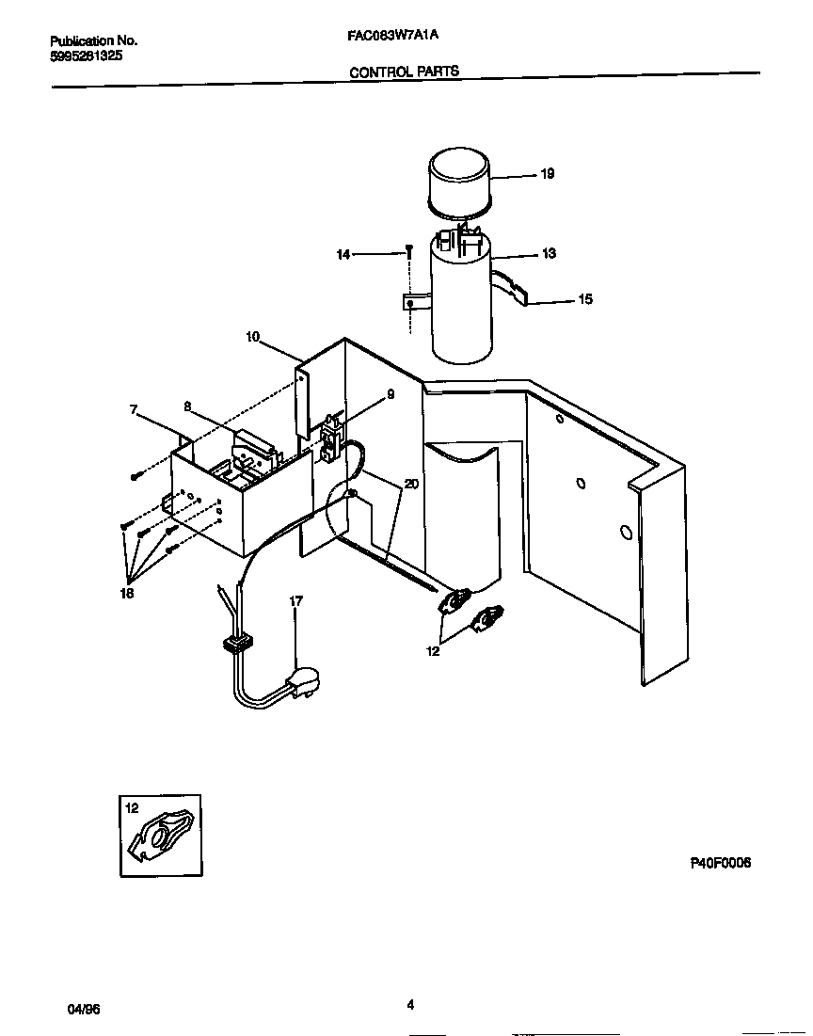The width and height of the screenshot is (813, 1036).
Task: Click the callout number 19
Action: coord(548,174)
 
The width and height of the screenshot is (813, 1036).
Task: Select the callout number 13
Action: coord(549,254)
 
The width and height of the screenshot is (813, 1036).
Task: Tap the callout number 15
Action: coord(585,300)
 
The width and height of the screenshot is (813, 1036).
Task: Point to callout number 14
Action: coord(343,254)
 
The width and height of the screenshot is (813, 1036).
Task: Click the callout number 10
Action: coord(252,336)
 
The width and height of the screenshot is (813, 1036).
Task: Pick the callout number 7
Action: coord(134,409)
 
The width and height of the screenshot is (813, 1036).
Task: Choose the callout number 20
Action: coord(411,484)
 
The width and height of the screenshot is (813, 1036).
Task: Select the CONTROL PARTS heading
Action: coord(404,72)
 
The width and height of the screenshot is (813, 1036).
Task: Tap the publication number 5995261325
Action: coord(85,56)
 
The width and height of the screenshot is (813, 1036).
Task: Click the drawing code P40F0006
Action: coord(720,863)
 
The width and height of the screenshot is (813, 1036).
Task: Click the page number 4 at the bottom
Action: coord(410,1005)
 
